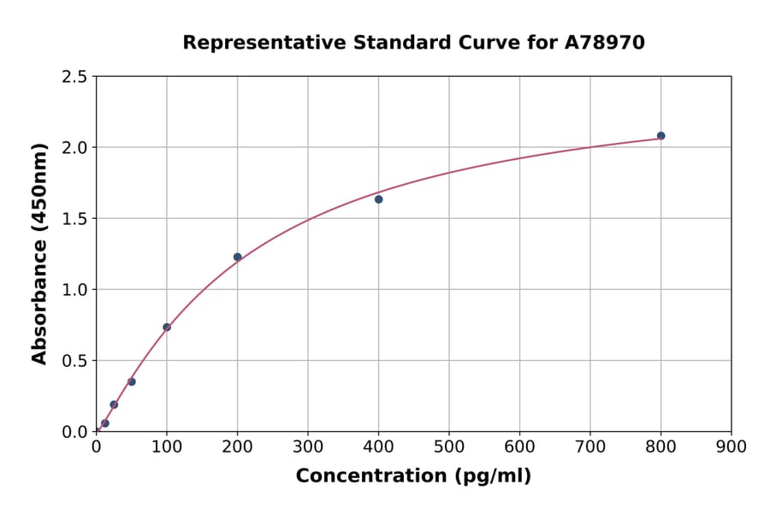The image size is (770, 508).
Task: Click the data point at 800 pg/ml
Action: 660,136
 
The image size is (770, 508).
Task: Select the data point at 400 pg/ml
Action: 378,199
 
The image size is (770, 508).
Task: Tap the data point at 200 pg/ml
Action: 237,257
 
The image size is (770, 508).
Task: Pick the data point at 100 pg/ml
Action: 167,327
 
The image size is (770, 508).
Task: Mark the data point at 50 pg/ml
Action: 131,381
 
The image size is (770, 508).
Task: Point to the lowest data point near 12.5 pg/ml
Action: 104,423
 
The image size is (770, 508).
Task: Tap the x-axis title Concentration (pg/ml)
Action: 413,476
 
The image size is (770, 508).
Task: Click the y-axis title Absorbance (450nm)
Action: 39,253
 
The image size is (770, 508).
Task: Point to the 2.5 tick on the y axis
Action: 74,77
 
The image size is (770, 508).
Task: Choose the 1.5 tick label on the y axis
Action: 74,219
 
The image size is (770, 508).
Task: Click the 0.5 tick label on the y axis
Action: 74,361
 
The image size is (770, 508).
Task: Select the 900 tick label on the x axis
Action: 731,446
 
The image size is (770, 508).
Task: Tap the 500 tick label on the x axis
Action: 448,446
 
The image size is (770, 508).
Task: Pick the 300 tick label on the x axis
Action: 307,446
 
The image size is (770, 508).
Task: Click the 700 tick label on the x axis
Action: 589,446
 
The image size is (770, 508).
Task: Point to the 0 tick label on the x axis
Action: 96,446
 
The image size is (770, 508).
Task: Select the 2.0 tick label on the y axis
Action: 74,148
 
